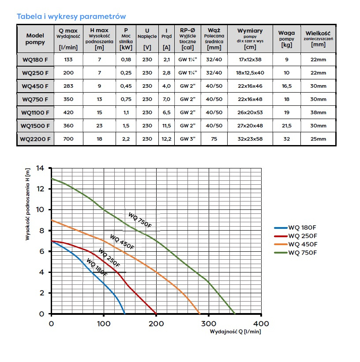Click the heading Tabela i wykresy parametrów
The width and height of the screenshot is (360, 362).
pyautogui.click(x=71, y=16)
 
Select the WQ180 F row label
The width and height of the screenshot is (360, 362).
pyautogui.click(x=35, y=60)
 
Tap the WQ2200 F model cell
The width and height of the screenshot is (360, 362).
pyautogui.click(x=35, y=139)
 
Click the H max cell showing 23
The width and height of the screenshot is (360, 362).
pyautogui.click(x=99, y=126)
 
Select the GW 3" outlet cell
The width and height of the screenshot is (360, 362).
pyautogui.click(x=187, y=139)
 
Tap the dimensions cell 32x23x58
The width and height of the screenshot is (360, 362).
pyautogui.click(x=250, y=139)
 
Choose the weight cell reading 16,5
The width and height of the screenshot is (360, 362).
pyautogui.click(x=287, y=86)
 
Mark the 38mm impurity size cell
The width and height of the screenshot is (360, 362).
pyautogui.click(x=318, y=112)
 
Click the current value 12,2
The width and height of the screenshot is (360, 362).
pyautogui.click(x=166, y=139)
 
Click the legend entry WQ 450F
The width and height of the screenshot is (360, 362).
pyautogui.click(x=303, y=244)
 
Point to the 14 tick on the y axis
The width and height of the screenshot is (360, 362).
pyautogui.click(x=41, y=168)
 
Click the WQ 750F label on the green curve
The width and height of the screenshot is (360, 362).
pyautogui.click(x=140, y=220)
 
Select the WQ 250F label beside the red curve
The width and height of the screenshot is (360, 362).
pyautogui.click(x=109, y=258)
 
